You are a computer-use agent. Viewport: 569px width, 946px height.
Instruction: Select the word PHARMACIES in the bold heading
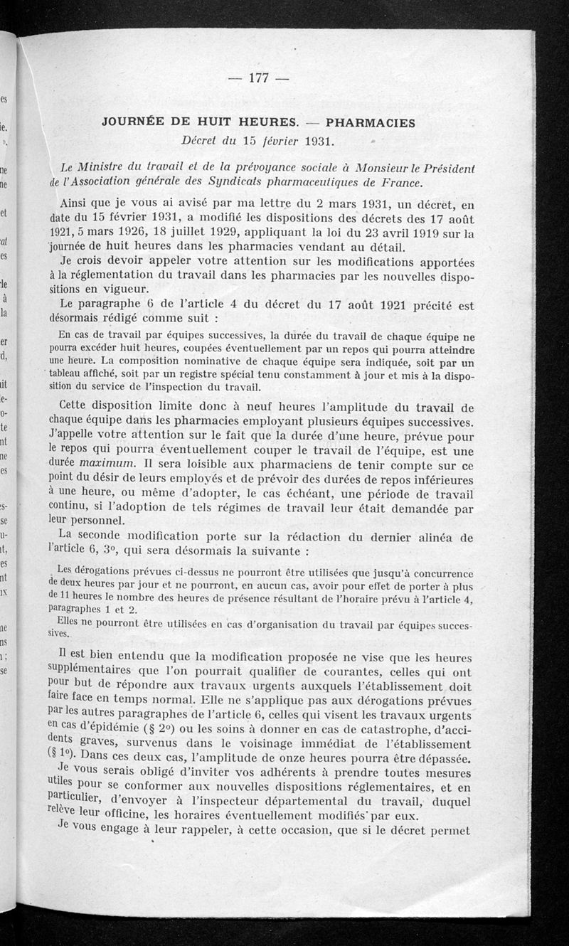point(371,122)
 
